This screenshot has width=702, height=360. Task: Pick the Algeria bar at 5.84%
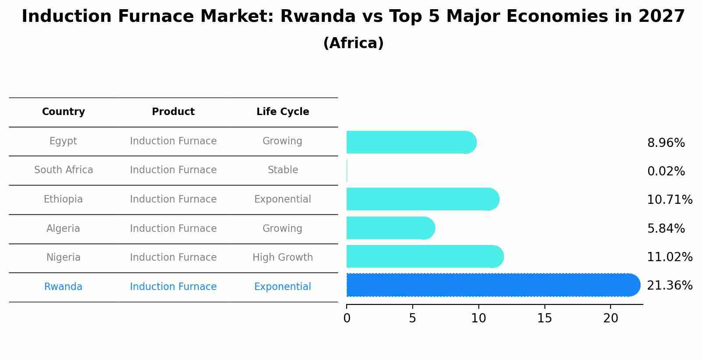(x=390, y=228)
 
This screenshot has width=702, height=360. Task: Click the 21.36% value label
(x=669, y=286)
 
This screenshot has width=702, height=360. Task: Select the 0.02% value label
(x=666, y=171)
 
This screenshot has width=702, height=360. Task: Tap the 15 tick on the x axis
(x=544, y=318)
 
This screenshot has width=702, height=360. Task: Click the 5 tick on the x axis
(x=412, y=318)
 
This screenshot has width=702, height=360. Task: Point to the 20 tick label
(x=611, y=318)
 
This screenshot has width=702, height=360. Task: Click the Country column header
(x=63, y=112)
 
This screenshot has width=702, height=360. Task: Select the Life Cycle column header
(x=283, y=112)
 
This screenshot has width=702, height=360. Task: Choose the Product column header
(x=173, y=112)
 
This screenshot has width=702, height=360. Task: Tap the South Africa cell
(x=63, y=170)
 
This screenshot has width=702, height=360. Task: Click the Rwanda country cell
(x=63, y=287)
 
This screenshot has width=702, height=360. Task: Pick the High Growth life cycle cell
(x=283, y=258)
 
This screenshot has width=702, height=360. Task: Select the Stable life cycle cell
(x=283, y=170)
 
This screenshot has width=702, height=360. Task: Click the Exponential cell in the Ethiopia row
(x=283, y=199)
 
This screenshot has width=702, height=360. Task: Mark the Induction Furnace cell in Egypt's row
(x=173, y=141)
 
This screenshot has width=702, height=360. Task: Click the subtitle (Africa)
(x=353, y=43)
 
